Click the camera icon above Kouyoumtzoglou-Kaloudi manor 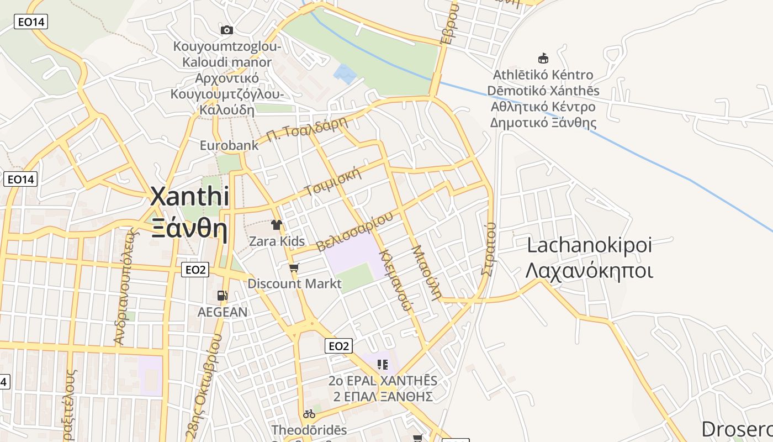coord(226,30)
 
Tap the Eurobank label coord(229,145)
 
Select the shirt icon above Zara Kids coord(277,225)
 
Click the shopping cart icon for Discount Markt coord(294,268)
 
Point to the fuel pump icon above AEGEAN coord(222,296)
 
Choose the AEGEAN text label coord(223,312)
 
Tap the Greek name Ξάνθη coord(189,228)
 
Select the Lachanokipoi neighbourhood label coord(589,245)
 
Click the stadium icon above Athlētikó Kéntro coord(543,58)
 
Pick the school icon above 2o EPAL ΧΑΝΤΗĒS coord(382,364)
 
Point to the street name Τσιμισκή coord(333,182)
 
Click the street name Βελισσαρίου coord(354,231)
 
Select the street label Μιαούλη coord(427,272)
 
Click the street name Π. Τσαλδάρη coord(306,129)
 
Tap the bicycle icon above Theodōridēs coord(309,414)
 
